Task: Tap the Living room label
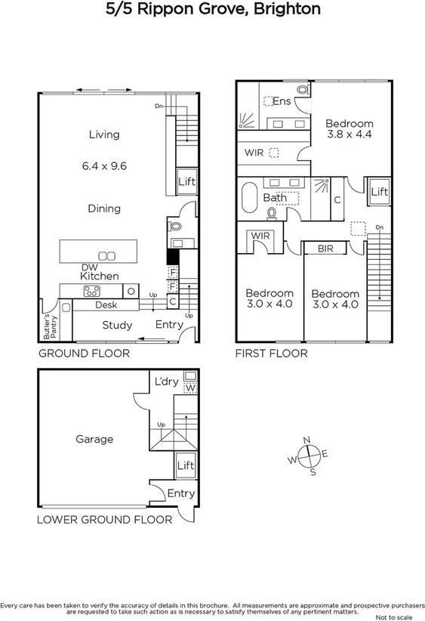point(104,134)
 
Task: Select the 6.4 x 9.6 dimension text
point(104,164)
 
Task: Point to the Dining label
point(104,209)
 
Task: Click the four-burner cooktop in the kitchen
point(93,290)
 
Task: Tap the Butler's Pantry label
point(46,326)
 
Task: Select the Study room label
point(117,326)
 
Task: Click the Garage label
point(94,439)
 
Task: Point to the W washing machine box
point(190,388)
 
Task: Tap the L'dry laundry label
point(165,382)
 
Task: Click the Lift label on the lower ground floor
point(186,466)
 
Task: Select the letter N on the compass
point(306,440)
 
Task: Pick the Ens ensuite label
point(282,101)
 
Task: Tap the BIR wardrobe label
point(325,248)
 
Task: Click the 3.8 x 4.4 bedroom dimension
point(350,135)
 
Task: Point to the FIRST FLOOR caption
point(271,354)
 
